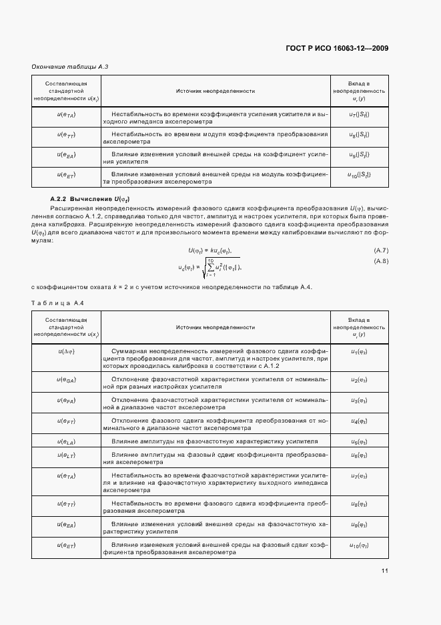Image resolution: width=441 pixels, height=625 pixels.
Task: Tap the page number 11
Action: tap(385, 570)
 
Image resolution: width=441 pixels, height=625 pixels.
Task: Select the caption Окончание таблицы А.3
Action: tap(70, 67)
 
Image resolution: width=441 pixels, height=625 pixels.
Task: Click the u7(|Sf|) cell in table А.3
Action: tap(359, 116)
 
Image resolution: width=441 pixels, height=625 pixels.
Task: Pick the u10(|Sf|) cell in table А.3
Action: tap(359, 176)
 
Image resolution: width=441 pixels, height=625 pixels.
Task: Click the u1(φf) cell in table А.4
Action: tap(359, 351)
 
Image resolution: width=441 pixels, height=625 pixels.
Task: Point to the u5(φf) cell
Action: tap(359, 441)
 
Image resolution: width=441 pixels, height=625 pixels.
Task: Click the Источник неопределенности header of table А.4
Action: tap(215, 328)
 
